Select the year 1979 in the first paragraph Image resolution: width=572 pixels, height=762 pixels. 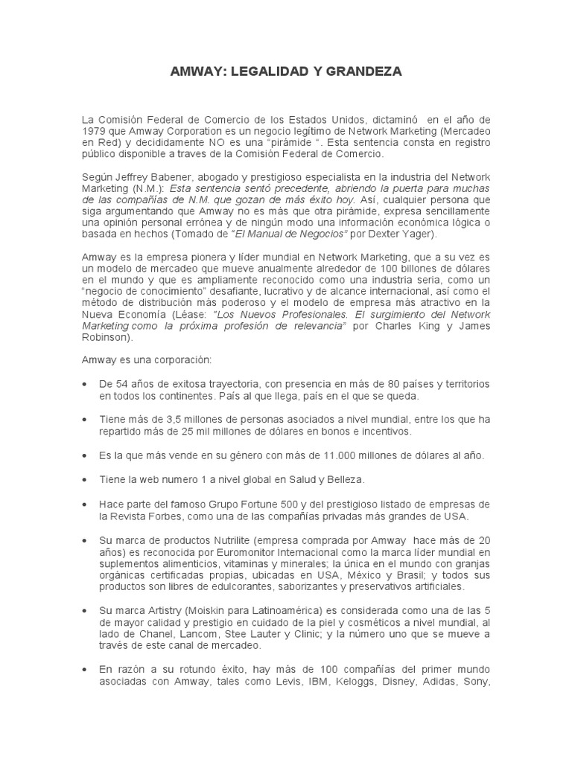pos(95,131)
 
